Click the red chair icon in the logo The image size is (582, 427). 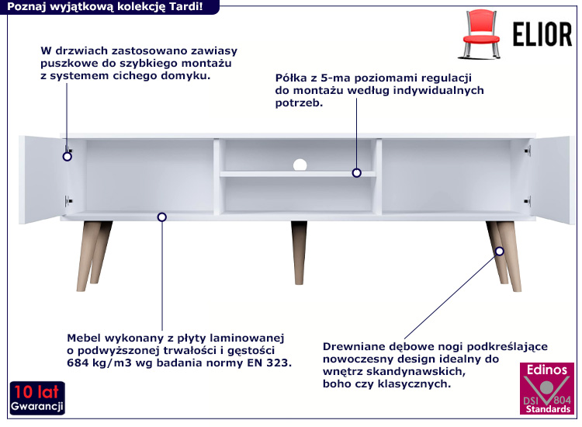(480, 34)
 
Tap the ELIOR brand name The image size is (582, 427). (542, 34)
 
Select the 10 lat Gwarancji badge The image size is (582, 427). (37, 397)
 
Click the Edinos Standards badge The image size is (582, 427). (547, 388)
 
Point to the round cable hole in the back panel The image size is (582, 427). (300, 165)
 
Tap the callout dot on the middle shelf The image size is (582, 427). (357, 172)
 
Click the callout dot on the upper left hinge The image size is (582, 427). (68, 156)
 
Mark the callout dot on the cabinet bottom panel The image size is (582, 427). (162, 217)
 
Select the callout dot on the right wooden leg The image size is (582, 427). (500, 252)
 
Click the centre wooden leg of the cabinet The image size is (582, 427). (299, 253)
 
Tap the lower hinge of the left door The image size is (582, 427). (68, 201)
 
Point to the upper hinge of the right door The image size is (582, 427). (528, 151)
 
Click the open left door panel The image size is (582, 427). (42, 179)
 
